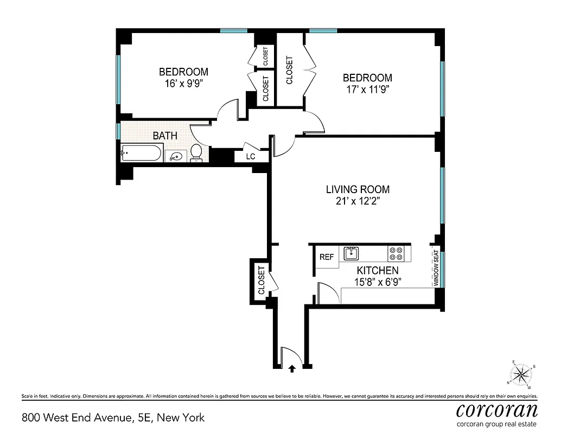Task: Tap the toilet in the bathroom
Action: pyautogui.click(x=196, y=154)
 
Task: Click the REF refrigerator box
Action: pyautogui.click(x=327, y=257)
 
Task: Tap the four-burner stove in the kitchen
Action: pyautogui.click(x=396, y=254)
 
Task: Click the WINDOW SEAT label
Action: pyautogui.click(x=435, y=268)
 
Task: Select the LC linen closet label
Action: pyautogui.click(x=251, y=157)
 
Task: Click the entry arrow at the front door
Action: pyautogui.click(x=292, y=368)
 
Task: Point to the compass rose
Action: pyautogui.click(x=521, y=374)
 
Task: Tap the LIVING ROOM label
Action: pyautogui.click(x=358, y=189)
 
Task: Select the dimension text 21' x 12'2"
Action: pyautogui.click(x=358, y=202)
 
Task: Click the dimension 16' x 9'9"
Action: pyautogui.click(x=183, y=84)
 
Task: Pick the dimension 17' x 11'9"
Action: pyautogui.click(x=367, y=90)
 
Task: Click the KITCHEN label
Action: pyautogui.click(x=377, y=270)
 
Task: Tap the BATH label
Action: pyautogui.click(x=164, y=135)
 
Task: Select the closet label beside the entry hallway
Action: pyautogui.click(x=262, y=280)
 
